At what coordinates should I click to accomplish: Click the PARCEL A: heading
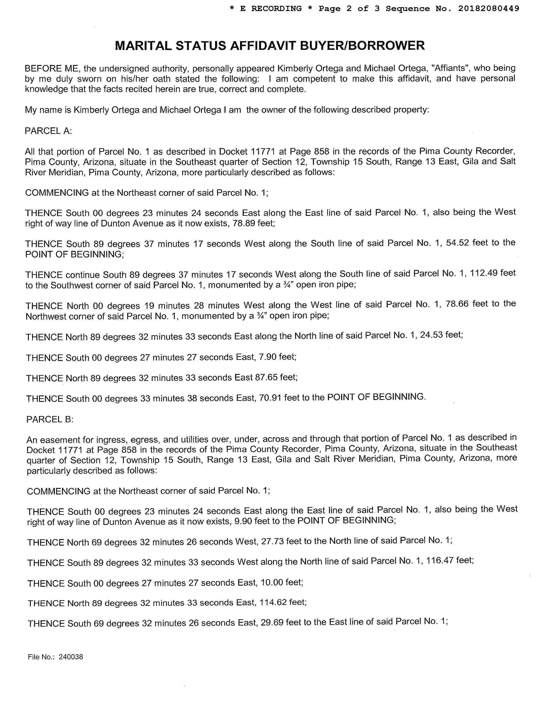pyautogui.click(x=48, y=131)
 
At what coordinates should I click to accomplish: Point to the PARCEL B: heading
pyautogui.click(x=50, y=419)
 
